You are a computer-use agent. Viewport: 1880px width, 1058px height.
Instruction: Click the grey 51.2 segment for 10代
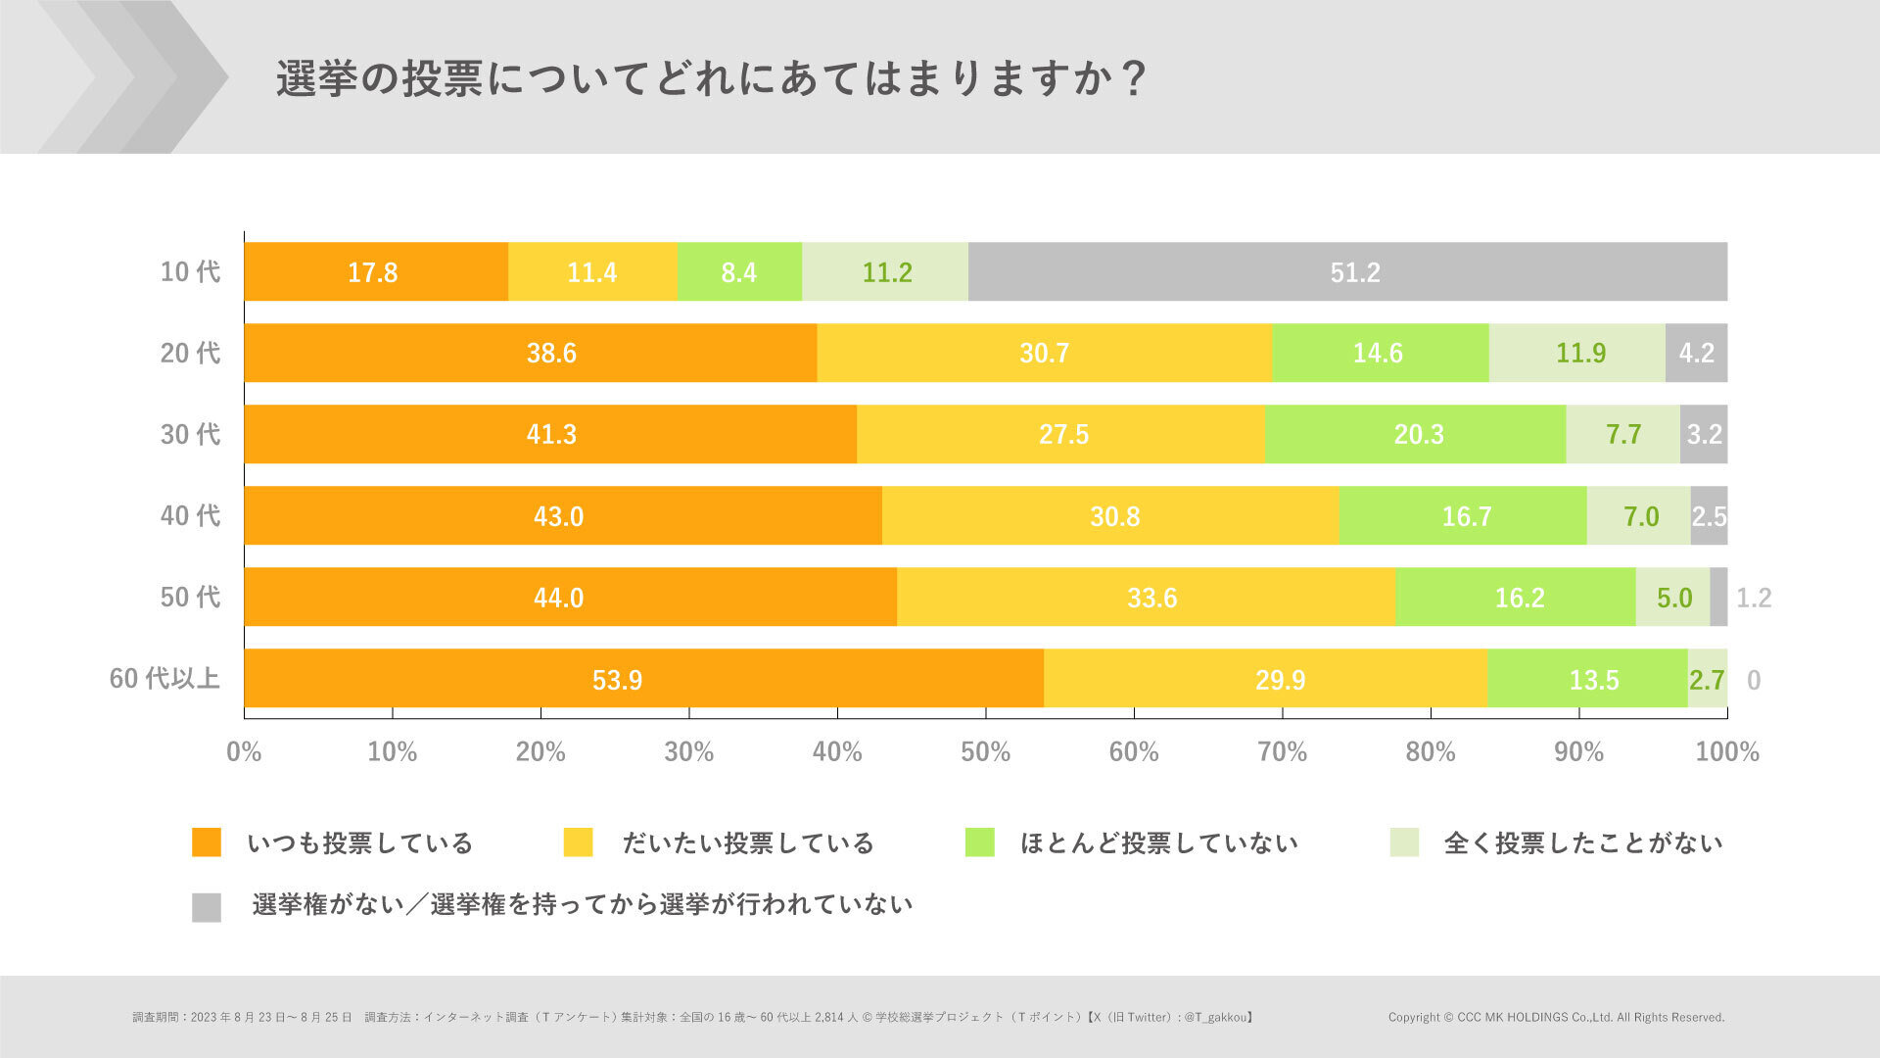point(1347,271)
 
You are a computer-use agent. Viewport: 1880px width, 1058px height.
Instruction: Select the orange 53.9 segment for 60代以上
point(643,678)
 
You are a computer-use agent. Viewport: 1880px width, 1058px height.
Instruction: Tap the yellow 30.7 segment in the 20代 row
point(1044,353)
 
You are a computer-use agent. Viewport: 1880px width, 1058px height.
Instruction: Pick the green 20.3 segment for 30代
point(1415,434)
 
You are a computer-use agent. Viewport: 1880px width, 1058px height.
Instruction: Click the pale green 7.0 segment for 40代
point(1638,515)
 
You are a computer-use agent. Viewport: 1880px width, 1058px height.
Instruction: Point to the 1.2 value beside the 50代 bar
point(1753,598)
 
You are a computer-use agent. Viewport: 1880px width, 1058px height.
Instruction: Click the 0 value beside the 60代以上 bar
point(1753,679)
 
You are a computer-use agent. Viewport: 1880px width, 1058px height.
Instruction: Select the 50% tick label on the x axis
point(985,751)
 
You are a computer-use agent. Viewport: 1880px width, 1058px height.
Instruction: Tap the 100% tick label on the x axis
point(1726,751)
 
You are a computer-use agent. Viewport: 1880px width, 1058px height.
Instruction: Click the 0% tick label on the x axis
point(244,751)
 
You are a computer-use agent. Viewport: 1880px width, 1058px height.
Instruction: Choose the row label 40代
point(190,515)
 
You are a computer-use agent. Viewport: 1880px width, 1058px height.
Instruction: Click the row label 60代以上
point(164,678)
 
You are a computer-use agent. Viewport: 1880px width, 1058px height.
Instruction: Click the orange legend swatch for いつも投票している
point(207,842)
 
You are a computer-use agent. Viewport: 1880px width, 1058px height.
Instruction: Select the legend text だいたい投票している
point(748,842)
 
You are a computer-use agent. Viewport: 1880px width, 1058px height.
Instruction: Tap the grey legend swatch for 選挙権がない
point(207,907)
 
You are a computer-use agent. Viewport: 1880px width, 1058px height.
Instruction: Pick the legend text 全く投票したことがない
point(1582,842)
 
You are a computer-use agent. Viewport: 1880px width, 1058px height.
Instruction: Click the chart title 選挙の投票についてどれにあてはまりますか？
point(710,78)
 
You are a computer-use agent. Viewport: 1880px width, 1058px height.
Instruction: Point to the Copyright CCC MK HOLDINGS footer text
point(1555,1017)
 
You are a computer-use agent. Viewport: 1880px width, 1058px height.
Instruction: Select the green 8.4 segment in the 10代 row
point(738,271)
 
